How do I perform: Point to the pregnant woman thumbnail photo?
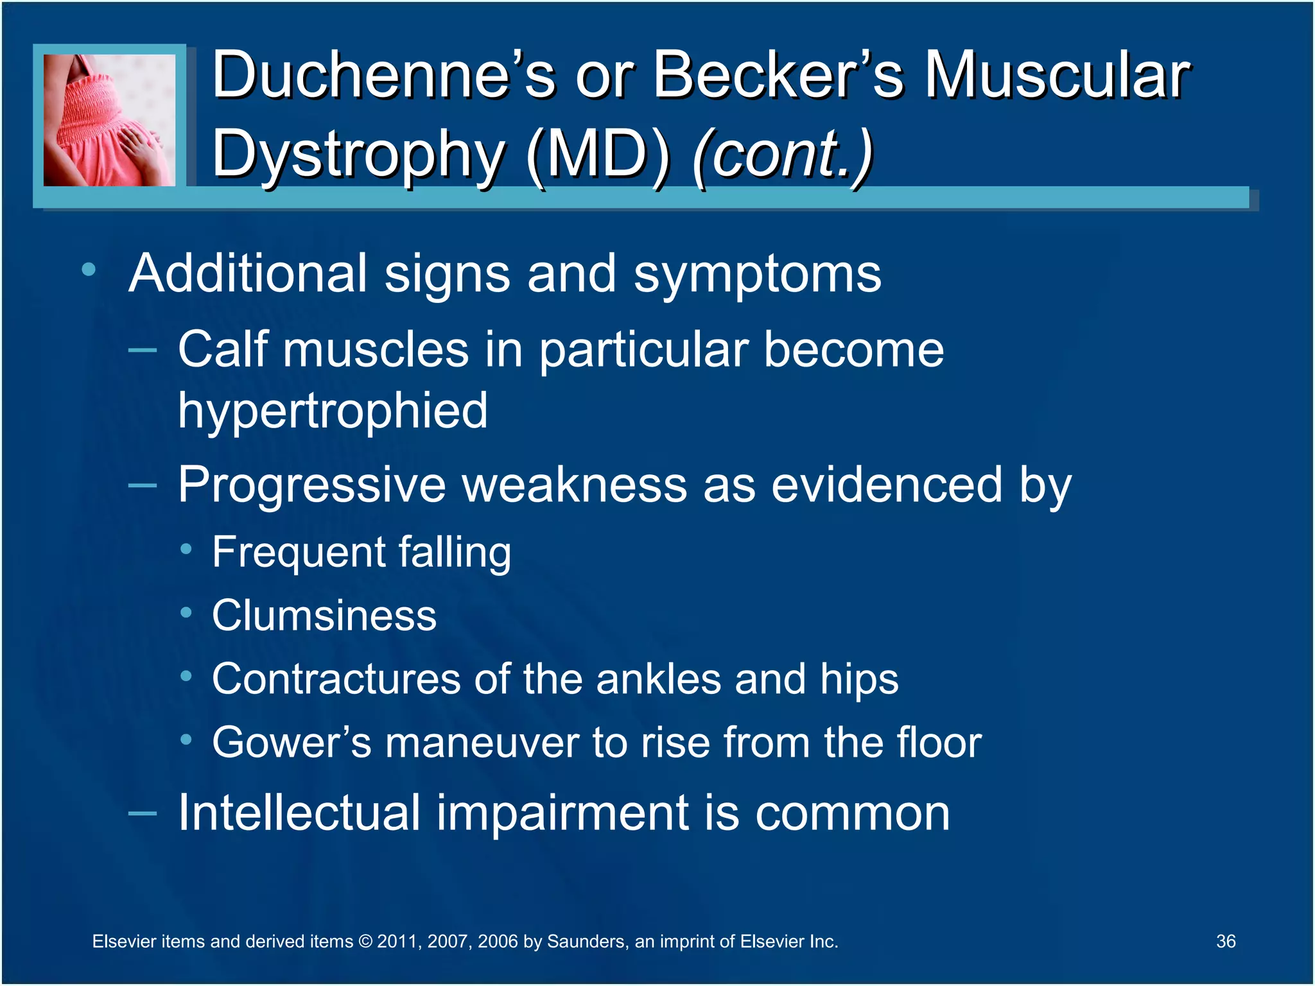[x=109, y=120]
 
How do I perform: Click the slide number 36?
[x=1225, y=941]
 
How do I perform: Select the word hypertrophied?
[x=333, y=411]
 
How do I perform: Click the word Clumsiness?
[x=324, y=615]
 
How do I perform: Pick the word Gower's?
[x=292, y=743]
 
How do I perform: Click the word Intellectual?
[x=299, y=813]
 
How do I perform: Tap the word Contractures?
[x=336, y=679]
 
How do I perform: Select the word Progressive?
[x=311, y=484]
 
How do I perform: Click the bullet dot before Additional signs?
[x=89, y=270]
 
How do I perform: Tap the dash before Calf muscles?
[x=142, y=350]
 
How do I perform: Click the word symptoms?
[x=757, y=274]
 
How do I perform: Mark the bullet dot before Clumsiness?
[x=186, y=612]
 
